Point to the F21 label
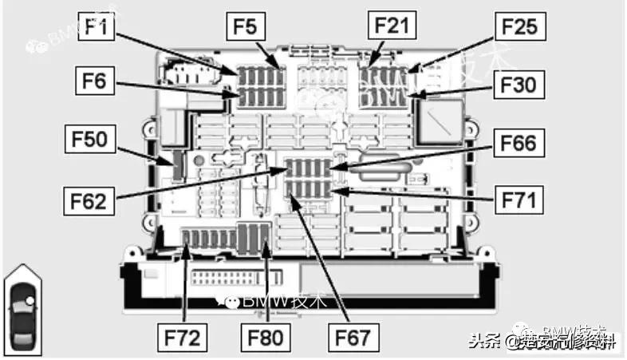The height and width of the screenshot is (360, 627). point(392,26)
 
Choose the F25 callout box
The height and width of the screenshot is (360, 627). point(519,28)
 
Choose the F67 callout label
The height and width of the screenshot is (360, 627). point(351,335)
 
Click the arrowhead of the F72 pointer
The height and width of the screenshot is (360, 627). point(186,248)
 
